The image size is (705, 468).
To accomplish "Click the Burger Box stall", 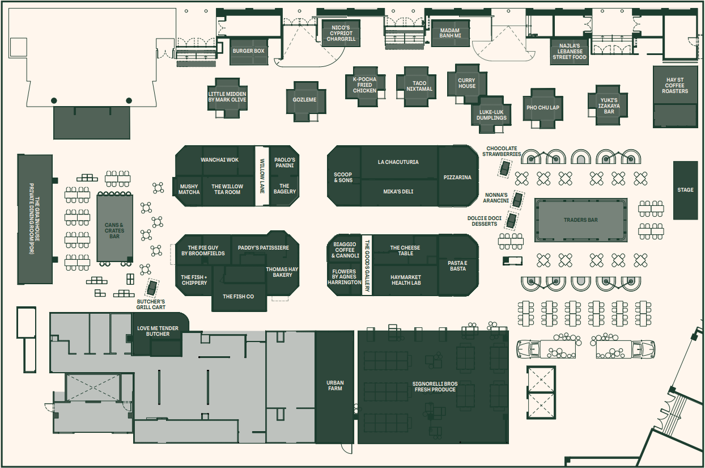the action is tap(249, 52).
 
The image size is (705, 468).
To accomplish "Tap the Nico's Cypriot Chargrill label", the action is tap(341, 33).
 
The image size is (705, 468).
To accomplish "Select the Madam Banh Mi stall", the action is tap(450, 33).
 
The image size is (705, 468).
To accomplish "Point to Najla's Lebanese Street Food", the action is tap(570, 52).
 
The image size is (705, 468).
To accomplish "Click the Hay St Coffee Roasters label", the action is tap(675, 85).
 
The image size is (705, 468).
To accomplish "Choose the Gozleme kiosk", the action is tap(306, 102).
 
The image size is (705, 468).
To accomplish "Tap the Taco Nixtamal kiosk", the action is tap(416, 87).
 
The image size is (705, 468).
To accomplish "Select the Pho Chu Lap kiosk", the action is tap(543, 108).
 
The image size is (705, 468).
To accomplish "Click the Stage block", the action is tap(685, 190).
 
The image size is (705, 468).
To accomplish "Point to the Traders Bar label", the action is tap(581, 220).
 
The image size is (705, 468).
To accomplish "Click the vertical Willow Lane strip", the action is tap(262, 176).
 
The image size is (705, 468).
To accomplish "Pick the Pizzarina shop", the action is tap(458, 176).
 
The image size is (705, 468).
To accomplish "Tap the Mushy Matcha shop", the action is tap(188, 191).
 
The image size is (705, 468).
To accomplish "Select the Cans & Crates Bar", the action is tap(114, 228).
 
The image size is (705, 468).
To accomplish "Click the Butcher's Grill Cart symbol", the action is tap(152, 287).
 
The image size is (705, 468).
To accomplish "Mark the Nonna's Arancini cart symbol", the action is tap(517, 200).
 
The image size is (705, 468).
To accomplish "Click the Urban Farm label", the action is tap(335, 386).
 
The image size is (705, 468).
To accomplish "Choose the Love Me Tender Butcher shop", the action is tap(158, 335).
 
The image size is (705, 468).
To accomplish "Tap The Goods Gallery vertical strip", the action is tap(367, 265).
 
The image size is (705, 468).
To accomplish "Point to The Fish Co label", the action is tap(238, 296).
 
